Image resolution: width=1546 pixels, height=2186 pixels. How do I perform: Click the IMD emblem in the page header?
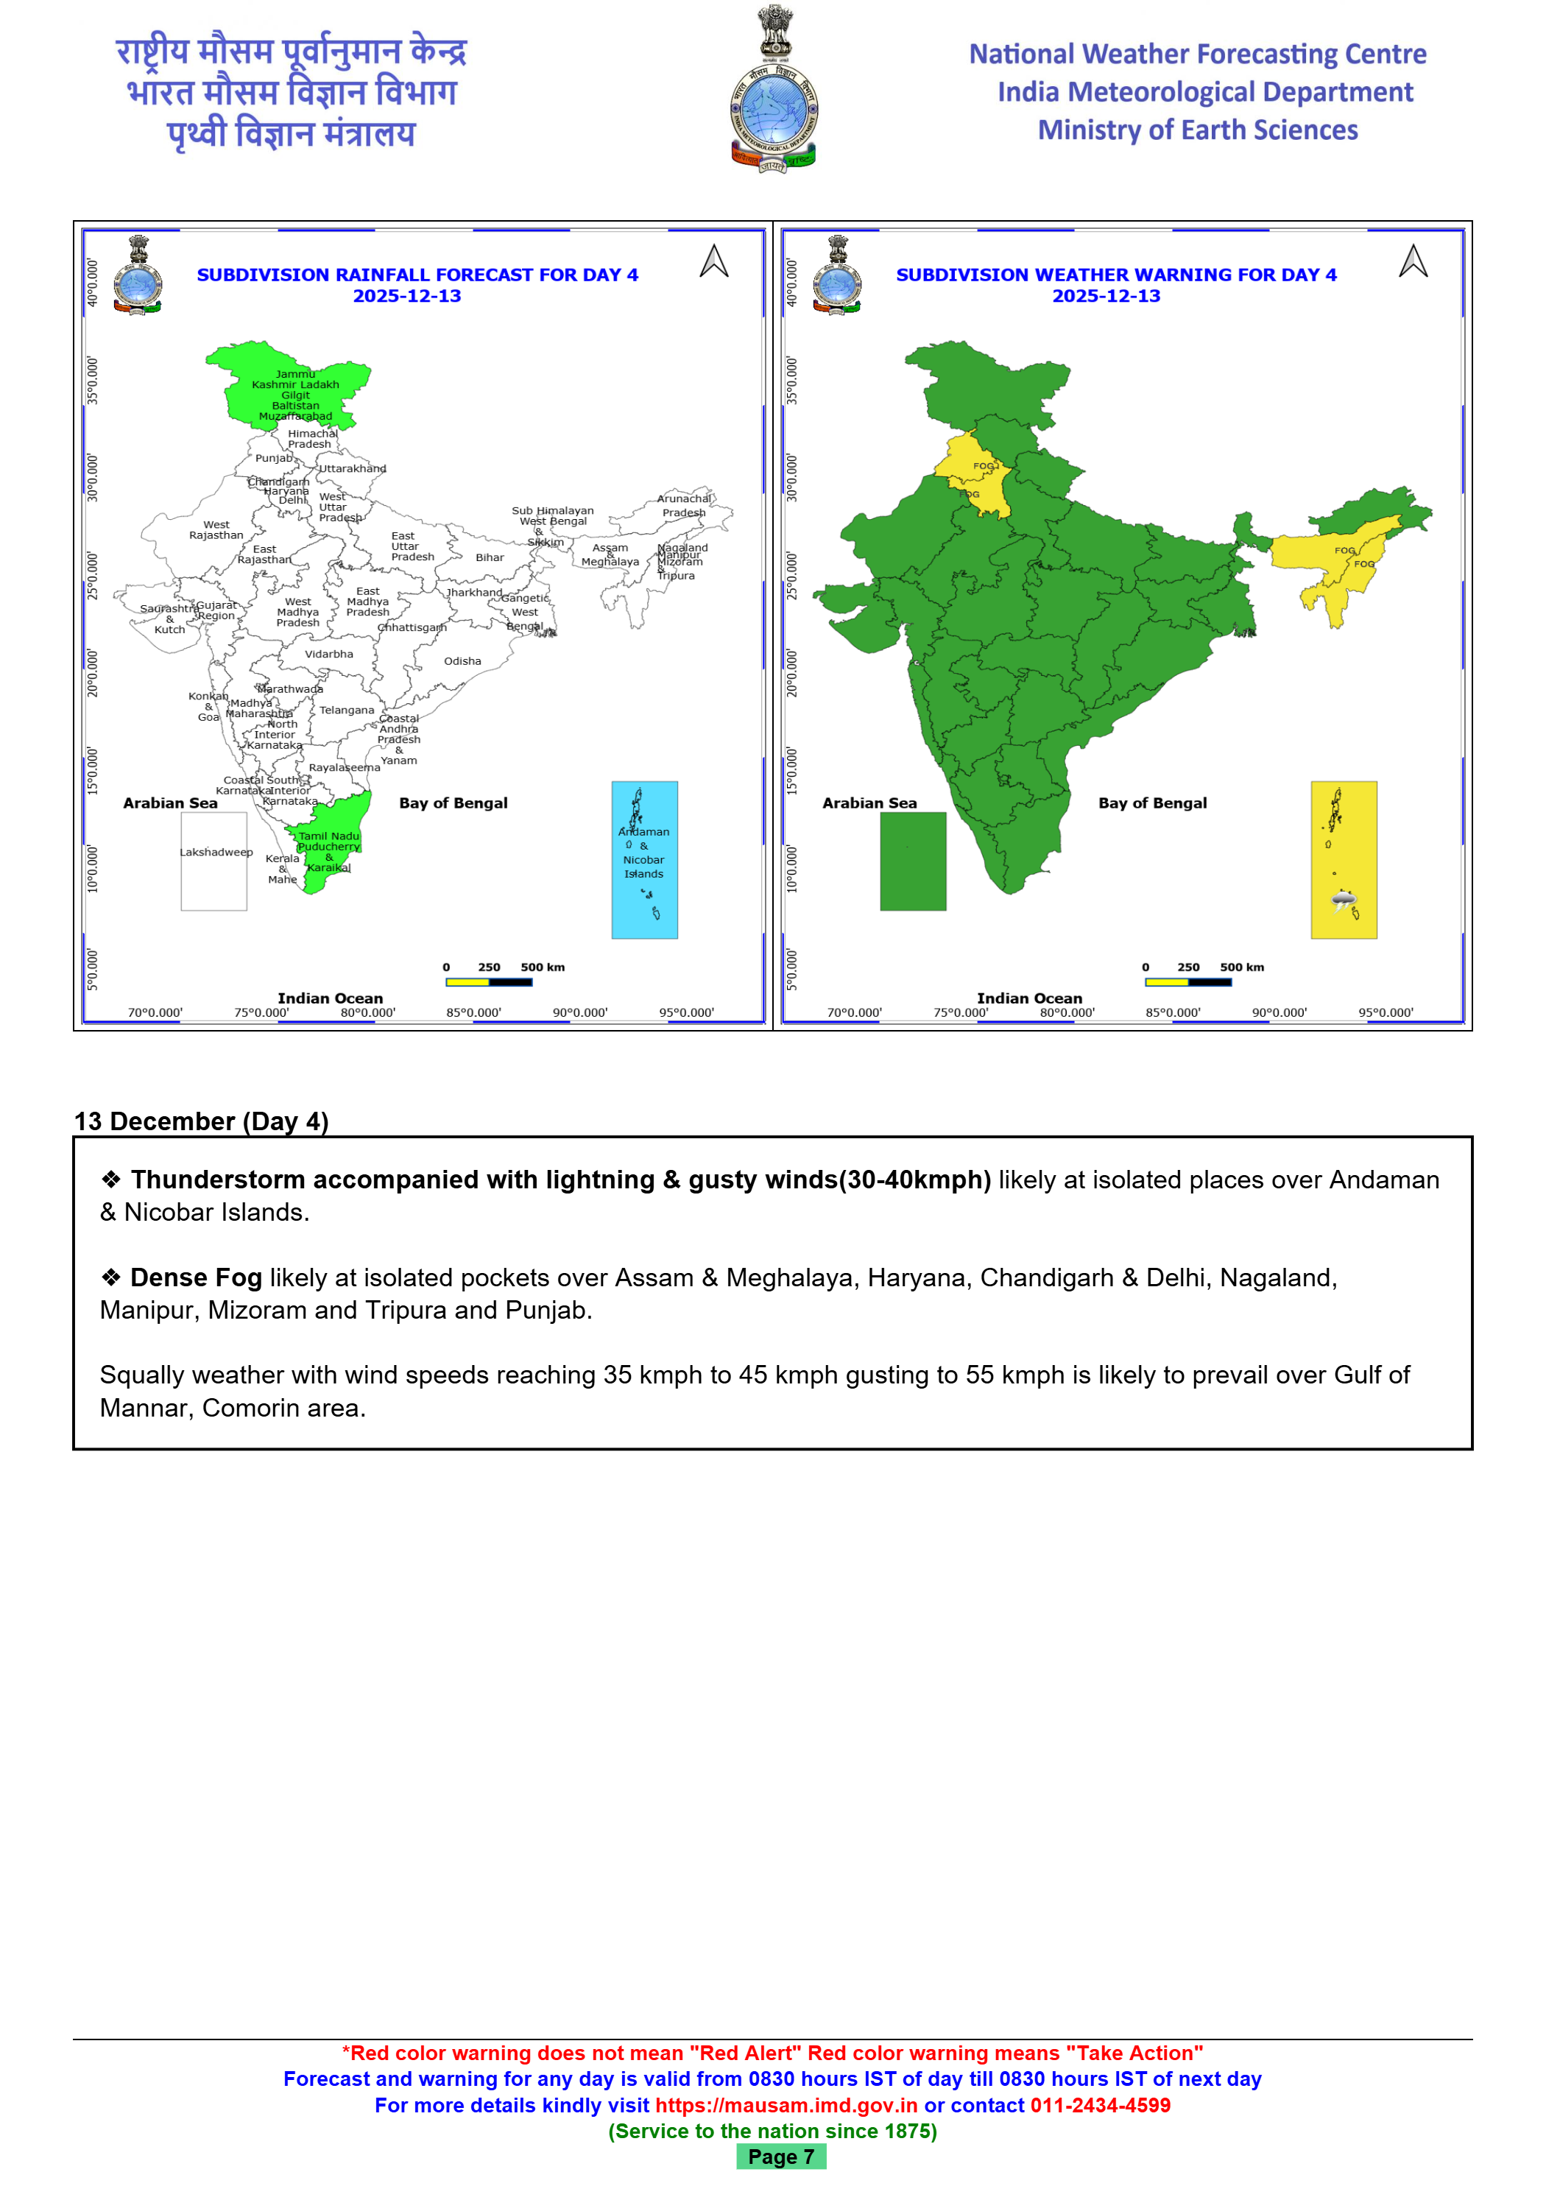773,91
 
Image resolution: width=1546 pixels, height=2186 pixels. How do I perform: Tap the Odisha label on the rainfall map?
462,660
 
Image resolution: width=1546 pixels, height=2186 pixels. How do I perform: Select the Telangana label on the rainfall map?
347,711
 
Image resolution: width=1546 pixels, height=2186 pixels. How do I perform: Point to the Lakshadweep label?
216,852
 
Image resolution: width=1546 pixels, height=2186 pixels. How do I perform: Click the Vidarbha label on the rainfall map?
329,654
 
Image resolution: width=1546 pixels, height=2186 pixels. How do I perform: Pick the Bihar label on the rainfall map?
490,558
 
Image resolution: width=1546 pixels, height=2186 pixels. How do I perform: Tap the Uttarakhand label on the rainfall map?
352,468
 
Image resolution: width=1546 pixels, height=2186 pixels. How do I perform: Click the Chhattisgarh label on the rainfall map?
412,627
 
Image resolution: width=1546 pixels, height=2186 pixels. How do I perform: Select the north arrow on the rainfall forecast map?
714,262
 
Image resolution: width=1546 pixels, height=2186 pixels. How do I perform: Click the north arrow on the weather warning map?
1413,262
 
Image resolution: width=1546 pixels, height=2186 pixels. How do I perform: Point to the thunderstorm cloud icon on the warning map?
1344,900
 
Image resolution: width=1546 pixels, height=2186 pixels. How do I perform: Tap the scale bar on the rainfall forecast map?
488,981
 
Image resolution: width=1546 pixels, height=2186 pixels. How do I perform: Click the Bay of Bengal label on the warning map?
1153,803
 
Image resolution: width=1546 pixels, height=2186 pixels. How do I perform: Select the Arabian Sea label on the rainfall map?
170,803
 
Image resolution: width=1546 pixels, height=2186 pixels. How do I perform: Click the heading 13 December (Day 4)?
202,1121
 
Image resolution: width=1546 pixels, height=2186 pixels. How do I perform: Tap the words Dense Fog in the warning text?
196,1277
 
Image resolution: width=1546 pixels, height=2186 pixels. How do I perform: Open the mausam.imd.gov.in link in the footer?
786,2105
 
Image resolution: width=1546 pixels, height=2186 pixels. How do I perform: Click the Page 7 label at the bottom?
780,2157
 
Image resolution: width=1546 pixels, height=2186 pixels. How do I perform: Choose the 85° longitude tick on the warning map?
1173,1012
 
